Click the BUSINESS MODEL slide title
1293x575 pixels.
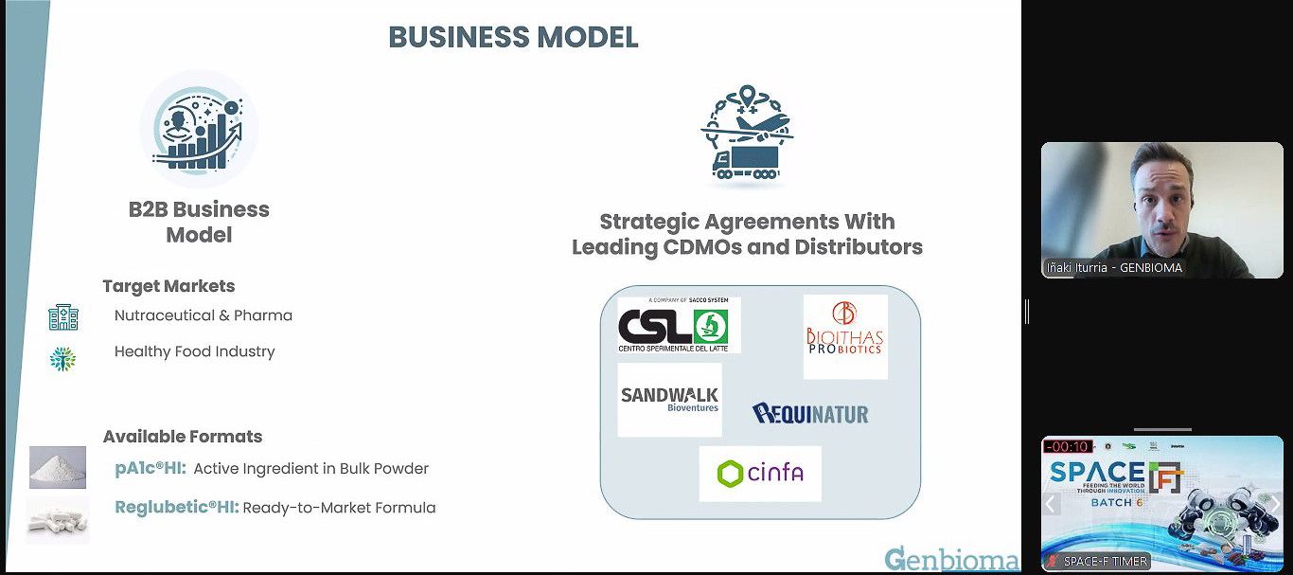click(x=513, y=37)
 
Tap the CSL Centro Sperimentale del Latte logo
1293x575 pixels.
click(x=679, y=325)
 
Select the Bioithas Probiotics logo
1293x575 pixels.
click(x=844, y=336)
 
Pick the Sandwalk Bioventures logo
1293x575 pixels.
click(x=669, y=399)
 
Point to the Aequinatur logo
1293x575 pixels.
click(x=810, y=413)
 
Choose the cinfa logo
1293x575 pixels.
click(x=760, y=473)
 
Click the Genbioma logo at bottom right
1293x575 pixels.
click(x=951, y=559)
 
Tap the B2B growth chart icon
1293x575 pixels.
click(x=199, y=130)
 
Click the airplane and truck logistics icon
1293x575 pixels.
click(x=747, y=134)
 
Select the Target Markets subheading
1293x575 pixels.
click(x=168, y=286)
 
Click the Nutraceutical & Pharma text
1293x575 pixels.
click(x=204, y=315)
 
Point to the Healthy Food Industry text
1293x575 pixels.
click(x=194, y=351)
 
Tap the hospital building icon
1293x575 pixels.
click(x=63, y=317)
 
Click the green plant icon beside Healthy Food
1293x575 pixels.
click(x=62, y=359)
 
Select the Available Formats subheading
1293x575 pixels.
click(x=183, y=437)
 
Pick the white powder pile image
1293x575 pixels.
click(x=58, y=467)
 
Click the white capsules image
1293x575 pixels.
click(x=58, y=519)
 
